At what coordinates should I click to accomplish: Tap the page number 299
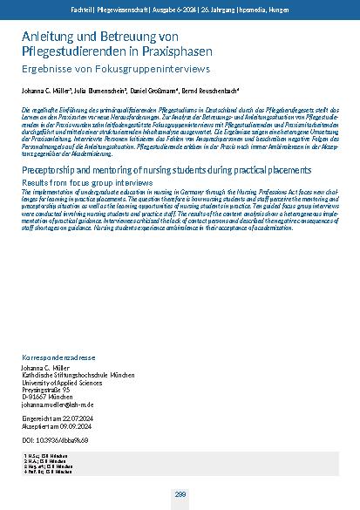pos(180,494)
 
